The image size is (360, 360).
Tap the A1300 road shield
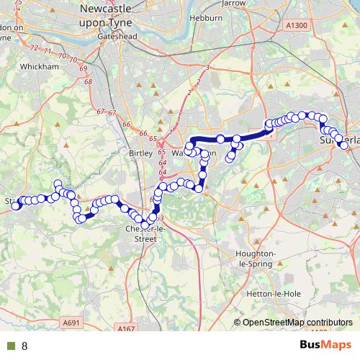click(295, 25)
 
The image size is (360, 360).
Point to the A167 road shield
click(127, 329)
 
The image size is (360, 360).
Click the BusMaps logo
click(325, 346)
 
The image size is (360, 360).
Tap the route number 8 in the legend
click(24, 346)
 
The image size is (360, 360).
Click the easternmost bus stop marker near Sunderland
click(344, 145)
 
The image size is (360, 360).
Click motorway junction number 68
click(88, 82)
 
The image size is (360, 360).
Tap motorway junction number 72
click(34, 47)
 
